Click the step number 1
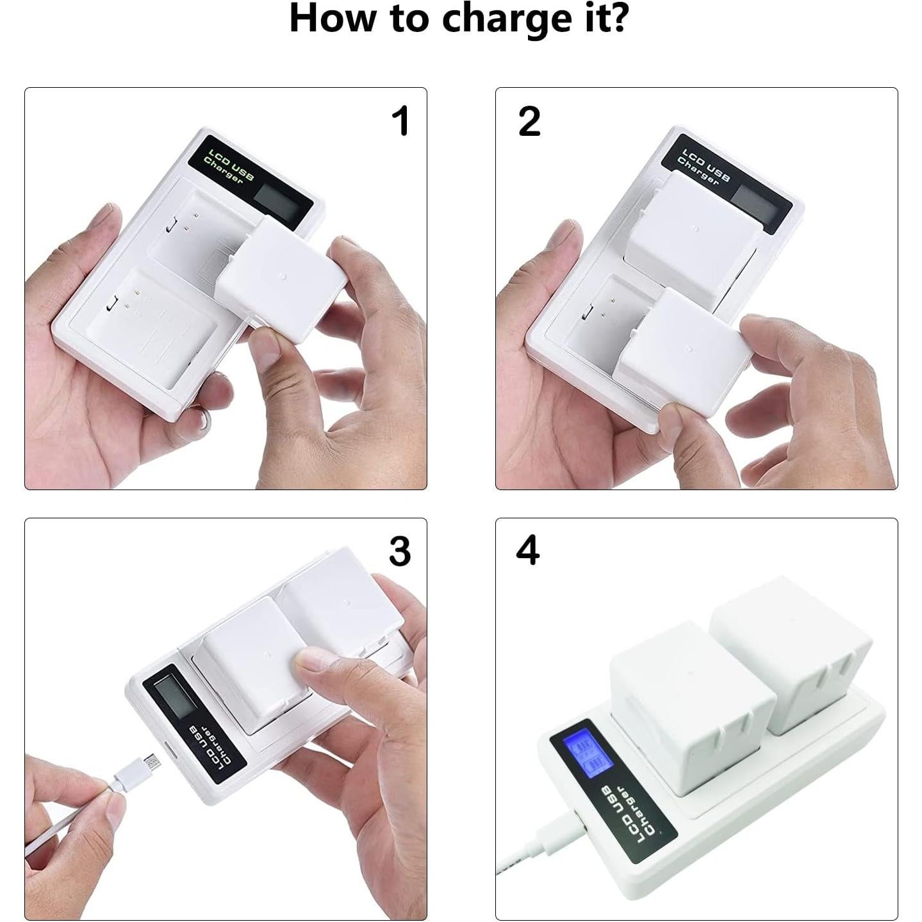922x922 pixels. click(x=400, y=121)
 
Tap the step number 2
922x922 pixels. click(x=529, y=121)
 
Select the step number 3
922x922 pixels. click(x=400, y=551)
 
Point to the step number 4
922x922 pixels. click(x=528, y=550)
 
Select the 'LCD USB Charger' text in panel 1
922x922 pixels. click(x=227, y=167)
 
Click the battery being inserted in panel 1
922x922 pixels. click(x=279, y=276)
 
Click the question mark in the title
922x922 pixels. click(x=617, y=19)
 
